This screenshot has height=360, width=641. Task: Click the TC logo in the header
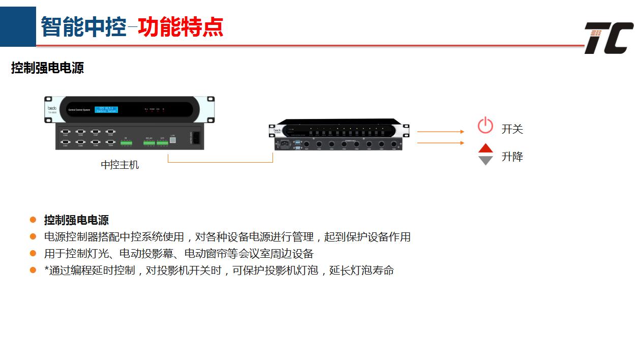pyautogui.click(x=608, y=38)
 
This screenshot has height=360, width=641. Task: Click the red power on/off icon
pyautogui.click(x=485, y=125)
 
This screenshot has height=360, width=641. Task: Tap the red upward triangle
pyautogui.click(x=486, y=148)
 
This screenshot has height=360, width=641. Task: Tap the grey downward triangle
pyautogui.click(x=486, y=160)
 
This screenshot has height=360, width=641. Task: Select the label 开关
pyautogui.click(x=512, y=129)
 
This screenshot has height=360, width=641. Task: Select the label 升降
pyautogui.click(x=512, y=157)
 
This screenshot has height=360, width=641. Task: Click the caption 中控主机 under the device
pyautogui.click(x=119, y=165)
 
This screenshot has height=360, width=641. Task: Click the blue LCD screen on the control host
pyautogui.click(x=106, y=109)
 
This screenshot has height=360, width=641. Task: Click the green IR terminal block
pyautogui.click(x=126, y=143)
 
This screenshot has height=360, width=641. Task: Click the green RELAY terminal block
pyautogui.click(x=149, y=143)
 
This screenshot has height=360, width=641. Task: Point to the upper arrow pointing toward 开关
pyautogui.click(x=441, y=132)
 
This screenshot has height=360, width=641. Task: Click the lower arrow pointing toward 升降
pyautogui.click(x=441, y=143)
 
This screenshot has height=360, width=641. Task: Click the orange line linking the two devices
pyautogui.click(x=220, y=162)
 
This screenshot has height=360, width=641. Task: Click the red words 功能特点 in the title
pyautogui.click(x=180, y=27)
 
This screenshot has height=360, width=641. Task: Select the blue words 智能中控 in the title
pyautogui.click(x=83, y=27)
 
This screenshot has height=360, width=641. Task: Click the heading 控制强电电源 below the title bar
pyautogui.click(x=47, y=68)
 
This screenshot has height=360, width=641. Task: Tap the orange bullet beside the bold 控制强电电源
pyautogui.click(x=33, y=220)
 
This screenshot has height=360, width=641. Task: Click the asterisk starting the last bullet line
pyautogui.click(x=47, y=269)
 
